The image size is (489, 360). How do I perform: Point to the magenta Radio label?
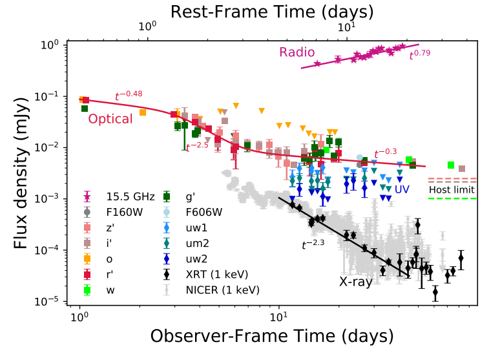[297, 52]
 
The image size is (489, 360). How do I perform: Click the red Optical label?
[110, 119]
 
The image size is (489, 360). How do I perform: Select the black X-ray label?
[355, 282]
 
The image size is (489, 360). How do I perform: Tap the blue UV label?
[402, 189]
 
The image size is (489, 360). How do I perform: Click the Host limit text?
[452, 190]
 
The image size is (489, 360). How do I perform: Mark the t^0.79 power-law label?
[420, 56]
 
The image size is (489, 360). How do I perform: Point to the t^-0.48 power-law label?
[129, 96]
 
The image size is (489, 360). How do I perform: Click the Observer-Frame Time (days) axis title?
[272, 337]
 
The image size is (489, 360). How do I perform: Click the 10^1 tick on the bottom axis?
[278, 319]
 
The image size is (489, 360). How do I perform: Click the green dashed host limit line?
[452, 199]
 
